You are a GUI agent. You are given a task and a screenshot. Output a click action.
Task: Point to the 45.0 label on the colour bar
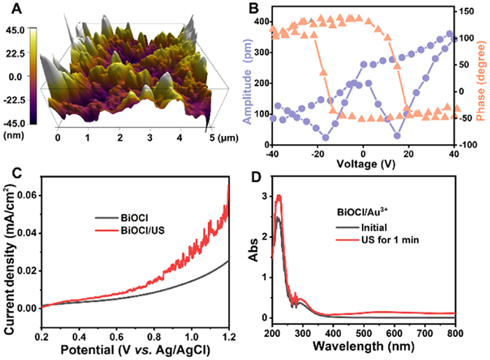(x=15, y=29)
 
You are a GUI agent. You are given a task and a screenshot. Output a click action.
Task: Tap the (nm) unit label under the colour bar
(x=15, y=134)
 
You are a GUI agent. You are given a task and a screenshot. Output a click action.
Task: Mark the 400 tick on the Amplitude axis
(x=261, y=22)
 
